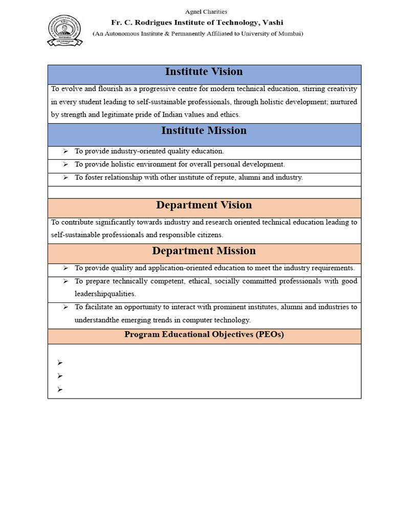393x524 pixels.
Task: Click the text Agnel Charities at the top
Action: tap(205, 11)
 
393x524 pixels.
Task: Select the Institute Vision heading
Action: tap(204, 72)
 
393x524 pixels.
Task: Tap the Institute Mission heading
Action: tap(204, 130)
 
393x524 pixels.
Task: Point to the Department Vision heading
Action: tap(204, 205)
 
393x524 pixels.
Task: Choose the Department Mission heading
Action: tap(204, 251)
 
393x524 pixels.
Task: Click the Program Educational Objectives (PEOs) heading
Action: tap(204, 335)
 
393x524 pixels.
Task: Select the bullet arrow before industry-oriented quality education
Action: tap(65, 151)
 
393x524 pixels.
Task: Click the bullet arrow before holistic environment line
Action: tap(65, 165)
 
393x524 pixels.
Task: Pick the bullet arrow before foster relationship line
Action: tap(65, 178)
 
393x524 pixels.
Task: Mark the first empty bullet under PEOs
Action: tap(60, 363)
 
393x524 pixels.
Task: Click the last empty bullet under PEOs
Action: tap(60, 389)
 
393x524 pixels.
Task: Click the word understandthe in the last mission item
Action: tap(98, 320)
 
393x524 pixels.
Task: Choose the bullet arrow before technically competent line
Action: tap(65, 281)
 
